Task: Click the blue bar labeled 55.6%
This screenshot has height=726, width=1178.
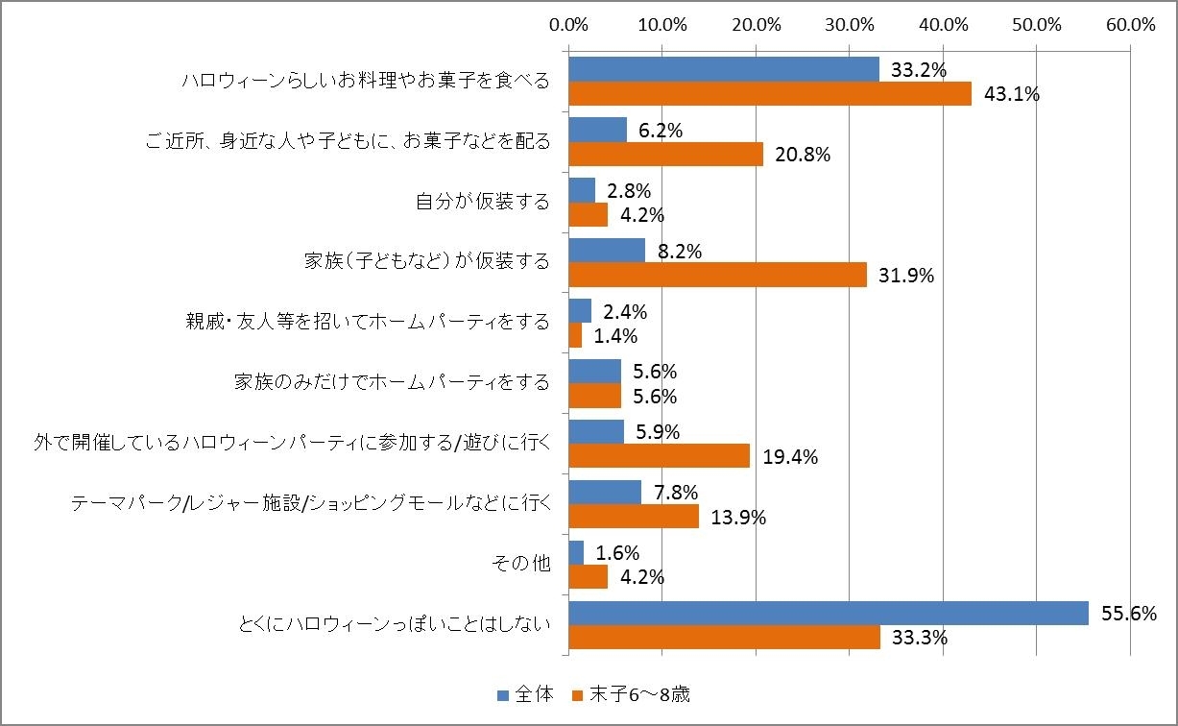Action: click(x=829, y=613)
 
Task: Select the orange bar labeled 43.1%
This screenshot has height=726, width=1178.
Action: click(x=770, y=93)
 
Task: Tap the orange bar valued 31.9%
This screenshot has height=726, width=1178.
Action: click(x=717, y=275)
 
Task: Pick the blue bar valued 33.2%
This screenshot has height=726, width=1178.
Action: click(x=724, y=69)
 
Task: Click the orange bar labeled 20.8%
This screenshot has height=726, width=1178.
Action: click(x=665, y=154)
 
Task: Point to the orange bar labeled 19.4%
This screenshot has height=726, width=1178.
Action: click(x=659, y=456)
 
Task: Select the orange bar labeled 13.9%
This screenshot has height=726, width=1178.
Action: click(x=634, y=517)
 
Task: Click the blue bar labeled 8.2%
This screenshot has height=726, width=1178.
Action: click(x=607, y=251)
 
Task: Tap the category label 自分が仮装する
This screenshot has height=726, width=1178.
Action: click(x=483, y=202)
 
